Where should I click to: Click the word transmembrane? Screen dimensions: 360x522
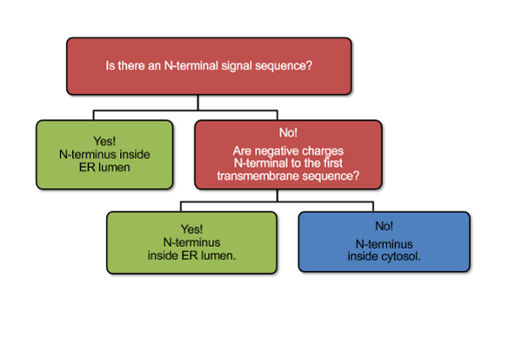[x=258, y=177]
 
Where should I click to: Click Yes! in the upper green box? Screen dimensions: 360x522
[x=104, y=139]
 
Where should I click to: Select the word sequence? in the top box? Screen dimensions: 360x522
[x=288, y=64]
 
